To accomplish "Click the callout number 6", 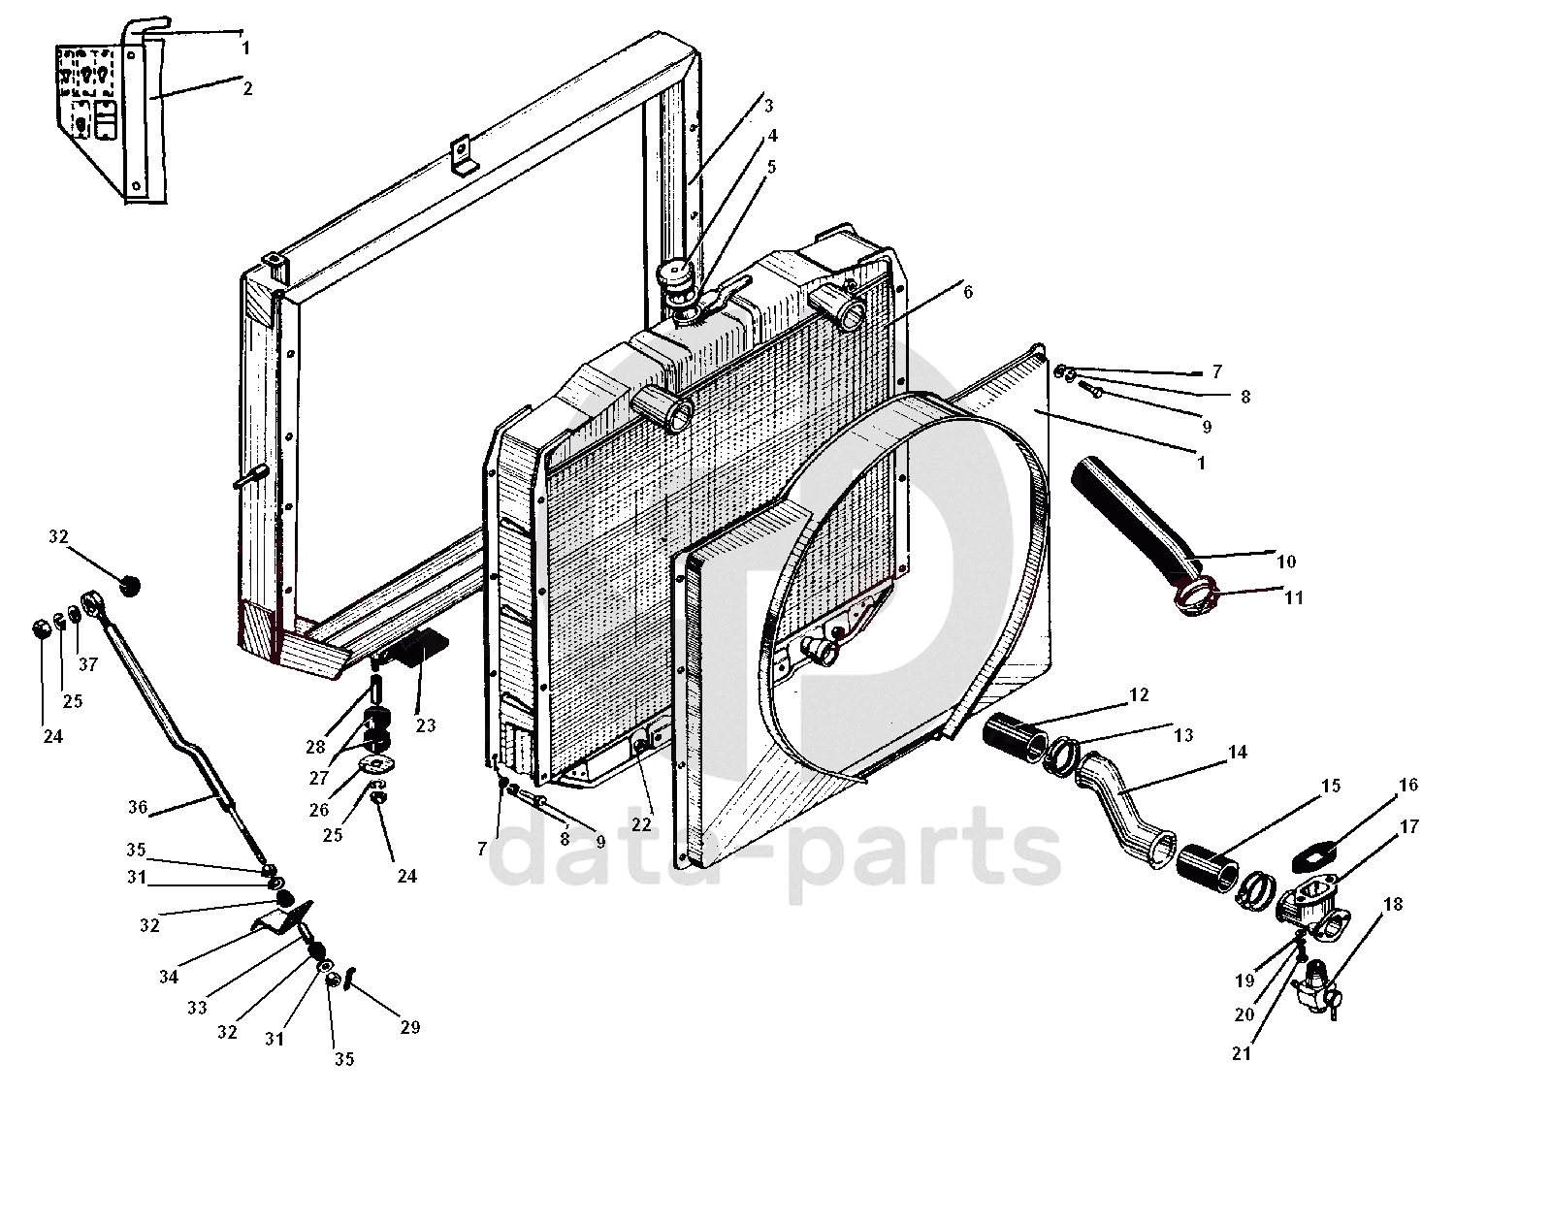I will (967, 292).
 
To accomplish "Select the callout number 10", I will (1286, 562).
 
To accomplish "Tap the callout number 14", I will (1237, 752).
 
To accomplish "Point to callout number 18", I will (1393, 905).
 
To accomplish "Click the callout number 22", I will (641, 824).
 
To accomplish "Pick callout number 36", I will (137, 806).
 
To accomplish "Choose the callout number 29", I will (409, 1027).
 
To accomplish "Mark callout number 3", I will (767, 106).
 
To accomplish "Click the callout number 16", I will (1407, 786).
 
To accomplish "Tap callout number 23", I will (426, 724).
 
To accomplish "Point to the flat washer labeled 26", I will (375, 764).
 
